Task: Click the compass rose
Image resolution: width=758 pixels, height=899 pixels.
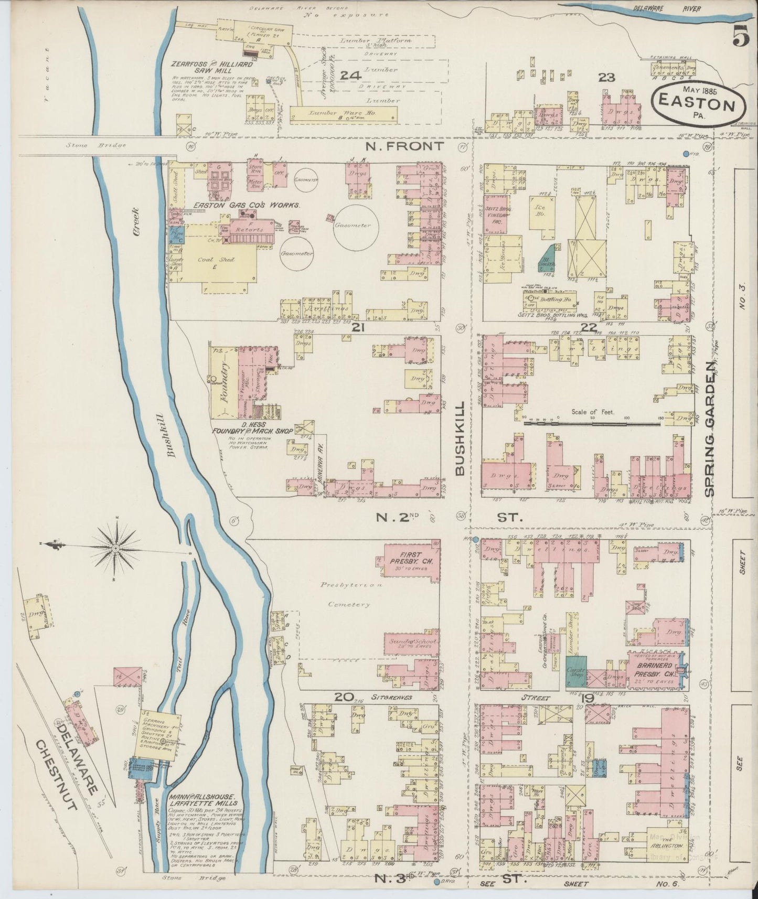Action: [115, 549]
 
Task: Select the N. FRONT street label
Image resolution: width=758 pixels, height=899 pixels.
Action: [404, 147]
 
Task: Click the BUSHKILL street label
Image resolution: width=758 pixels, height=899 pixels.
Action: [460, 438]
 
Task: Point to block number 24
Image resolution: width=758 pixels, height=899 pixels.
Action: [350, 75]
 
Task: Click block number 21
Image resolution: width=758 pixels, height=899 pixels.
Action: [358, 327]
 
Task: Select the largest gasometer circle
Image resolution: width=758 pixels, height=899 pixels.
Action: [354, 226]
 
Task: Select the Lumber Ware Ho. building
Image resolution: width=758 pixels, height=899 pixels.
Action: [344, 112]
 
